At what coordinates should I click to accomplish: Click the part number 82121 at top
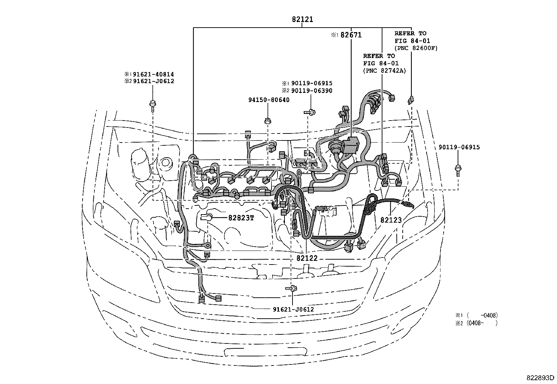[x=303, y=20]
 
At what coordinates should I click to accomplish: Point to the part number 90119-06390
[x=311, y=91]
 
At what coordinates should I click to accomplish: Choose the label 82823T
[x=241, y=218]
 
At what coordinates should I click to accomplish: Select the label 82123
[x=391, y=220]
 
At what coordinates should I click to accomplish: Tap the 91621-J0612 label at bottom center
[x=293, y=309]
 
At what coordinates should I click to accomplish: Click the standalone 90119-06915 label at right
[x=459, y=147]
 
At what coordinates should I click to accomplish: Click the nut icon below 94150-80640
[x=268, y=121]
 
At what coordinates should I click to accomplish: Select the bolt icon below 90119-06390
[x=309, y=112]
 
